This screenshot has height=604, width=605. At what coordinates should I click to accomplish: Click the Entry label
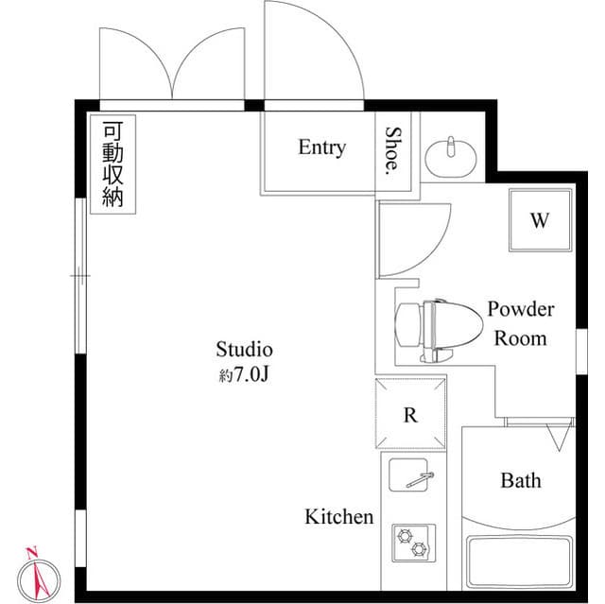(x=321, y=147)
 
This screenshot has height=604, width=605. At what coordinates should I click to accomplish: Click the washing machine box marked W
(x=539, y=221)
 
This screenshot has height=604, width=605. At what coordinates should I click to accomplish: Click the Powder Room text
(x=520, y=323)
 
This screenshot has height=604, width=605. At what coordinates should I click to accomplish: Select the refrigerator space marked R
(x=411, y=414)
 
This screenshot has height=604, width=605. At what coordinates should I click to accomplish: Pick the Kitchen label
(x=338, y=517)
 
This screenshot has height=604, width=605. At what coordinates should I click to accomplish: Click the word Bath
(x=521, y=480)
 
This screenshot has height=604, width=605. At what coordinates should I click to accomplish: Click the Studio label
(x=244, y=349)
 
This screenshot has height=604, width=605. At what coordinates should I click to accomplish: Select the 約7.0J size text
(x=245, y=374)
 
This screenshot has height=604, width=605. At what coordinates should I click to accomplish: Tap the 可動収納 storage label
(x=112, y=165)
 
